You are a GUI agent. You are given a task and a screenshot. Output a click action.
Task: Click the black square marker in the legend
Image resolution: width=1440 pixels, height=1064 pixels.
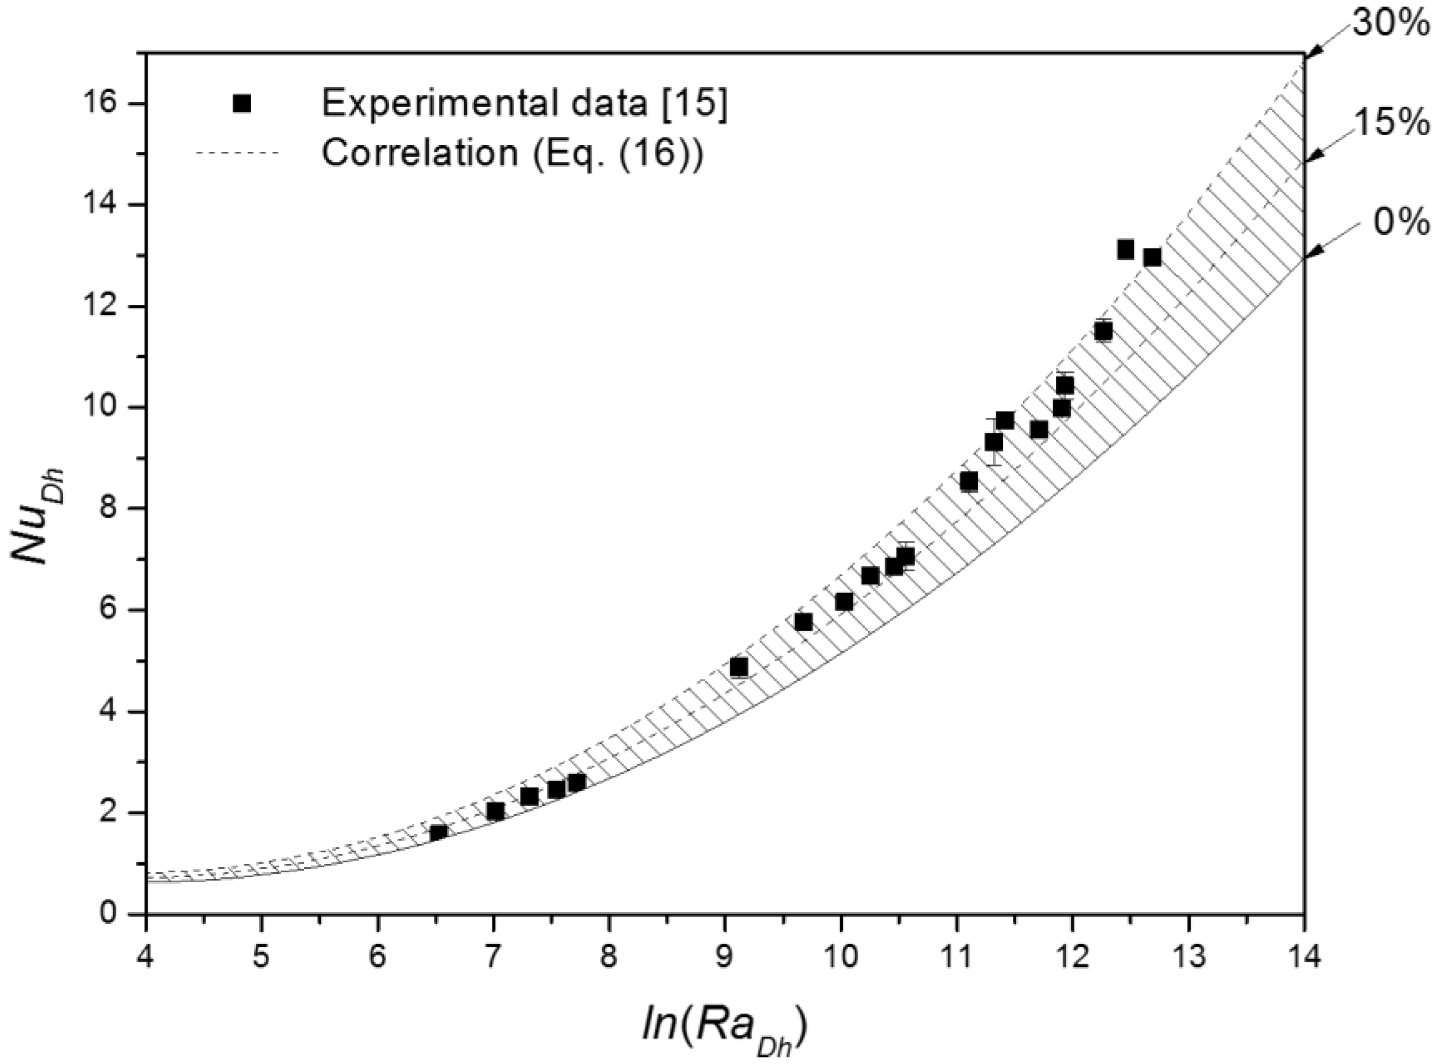242,103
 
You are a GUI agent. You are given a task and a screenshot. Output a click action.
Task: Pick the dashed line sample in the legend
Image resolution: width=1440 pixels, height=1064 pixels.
237,154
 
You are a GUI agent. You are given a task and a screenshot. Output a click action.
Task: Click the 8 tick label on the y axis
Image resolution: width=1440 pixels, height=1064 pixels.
120,509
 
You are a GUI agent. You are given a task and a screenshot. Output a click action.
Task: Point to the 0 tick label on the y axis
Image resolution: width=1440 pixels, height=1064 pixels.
120,914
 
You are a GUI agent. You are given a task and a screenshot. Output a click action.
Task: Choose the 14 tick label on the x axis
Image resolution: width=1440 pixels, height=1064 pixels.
1305,956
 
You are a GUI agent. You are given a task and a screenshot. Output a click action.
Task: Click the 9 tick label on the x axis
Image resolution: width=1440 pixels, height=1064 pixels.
725,956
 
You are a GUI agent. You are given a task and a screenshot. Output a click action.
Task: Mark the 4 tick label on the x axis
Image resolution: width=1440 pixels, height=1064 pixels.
146,956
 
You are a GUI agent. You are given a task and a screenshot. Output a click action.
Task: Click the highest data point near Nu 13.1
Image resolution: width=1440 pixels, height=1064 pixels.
1125,249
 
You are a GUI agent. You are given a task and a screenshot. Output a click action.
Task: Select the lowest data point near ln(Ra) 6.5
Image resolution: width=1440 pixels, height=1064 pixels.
439,832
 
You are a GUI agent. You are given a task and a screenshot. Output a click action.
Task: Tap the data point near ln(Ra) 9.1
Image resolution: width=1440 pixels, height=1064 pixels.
739,667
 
